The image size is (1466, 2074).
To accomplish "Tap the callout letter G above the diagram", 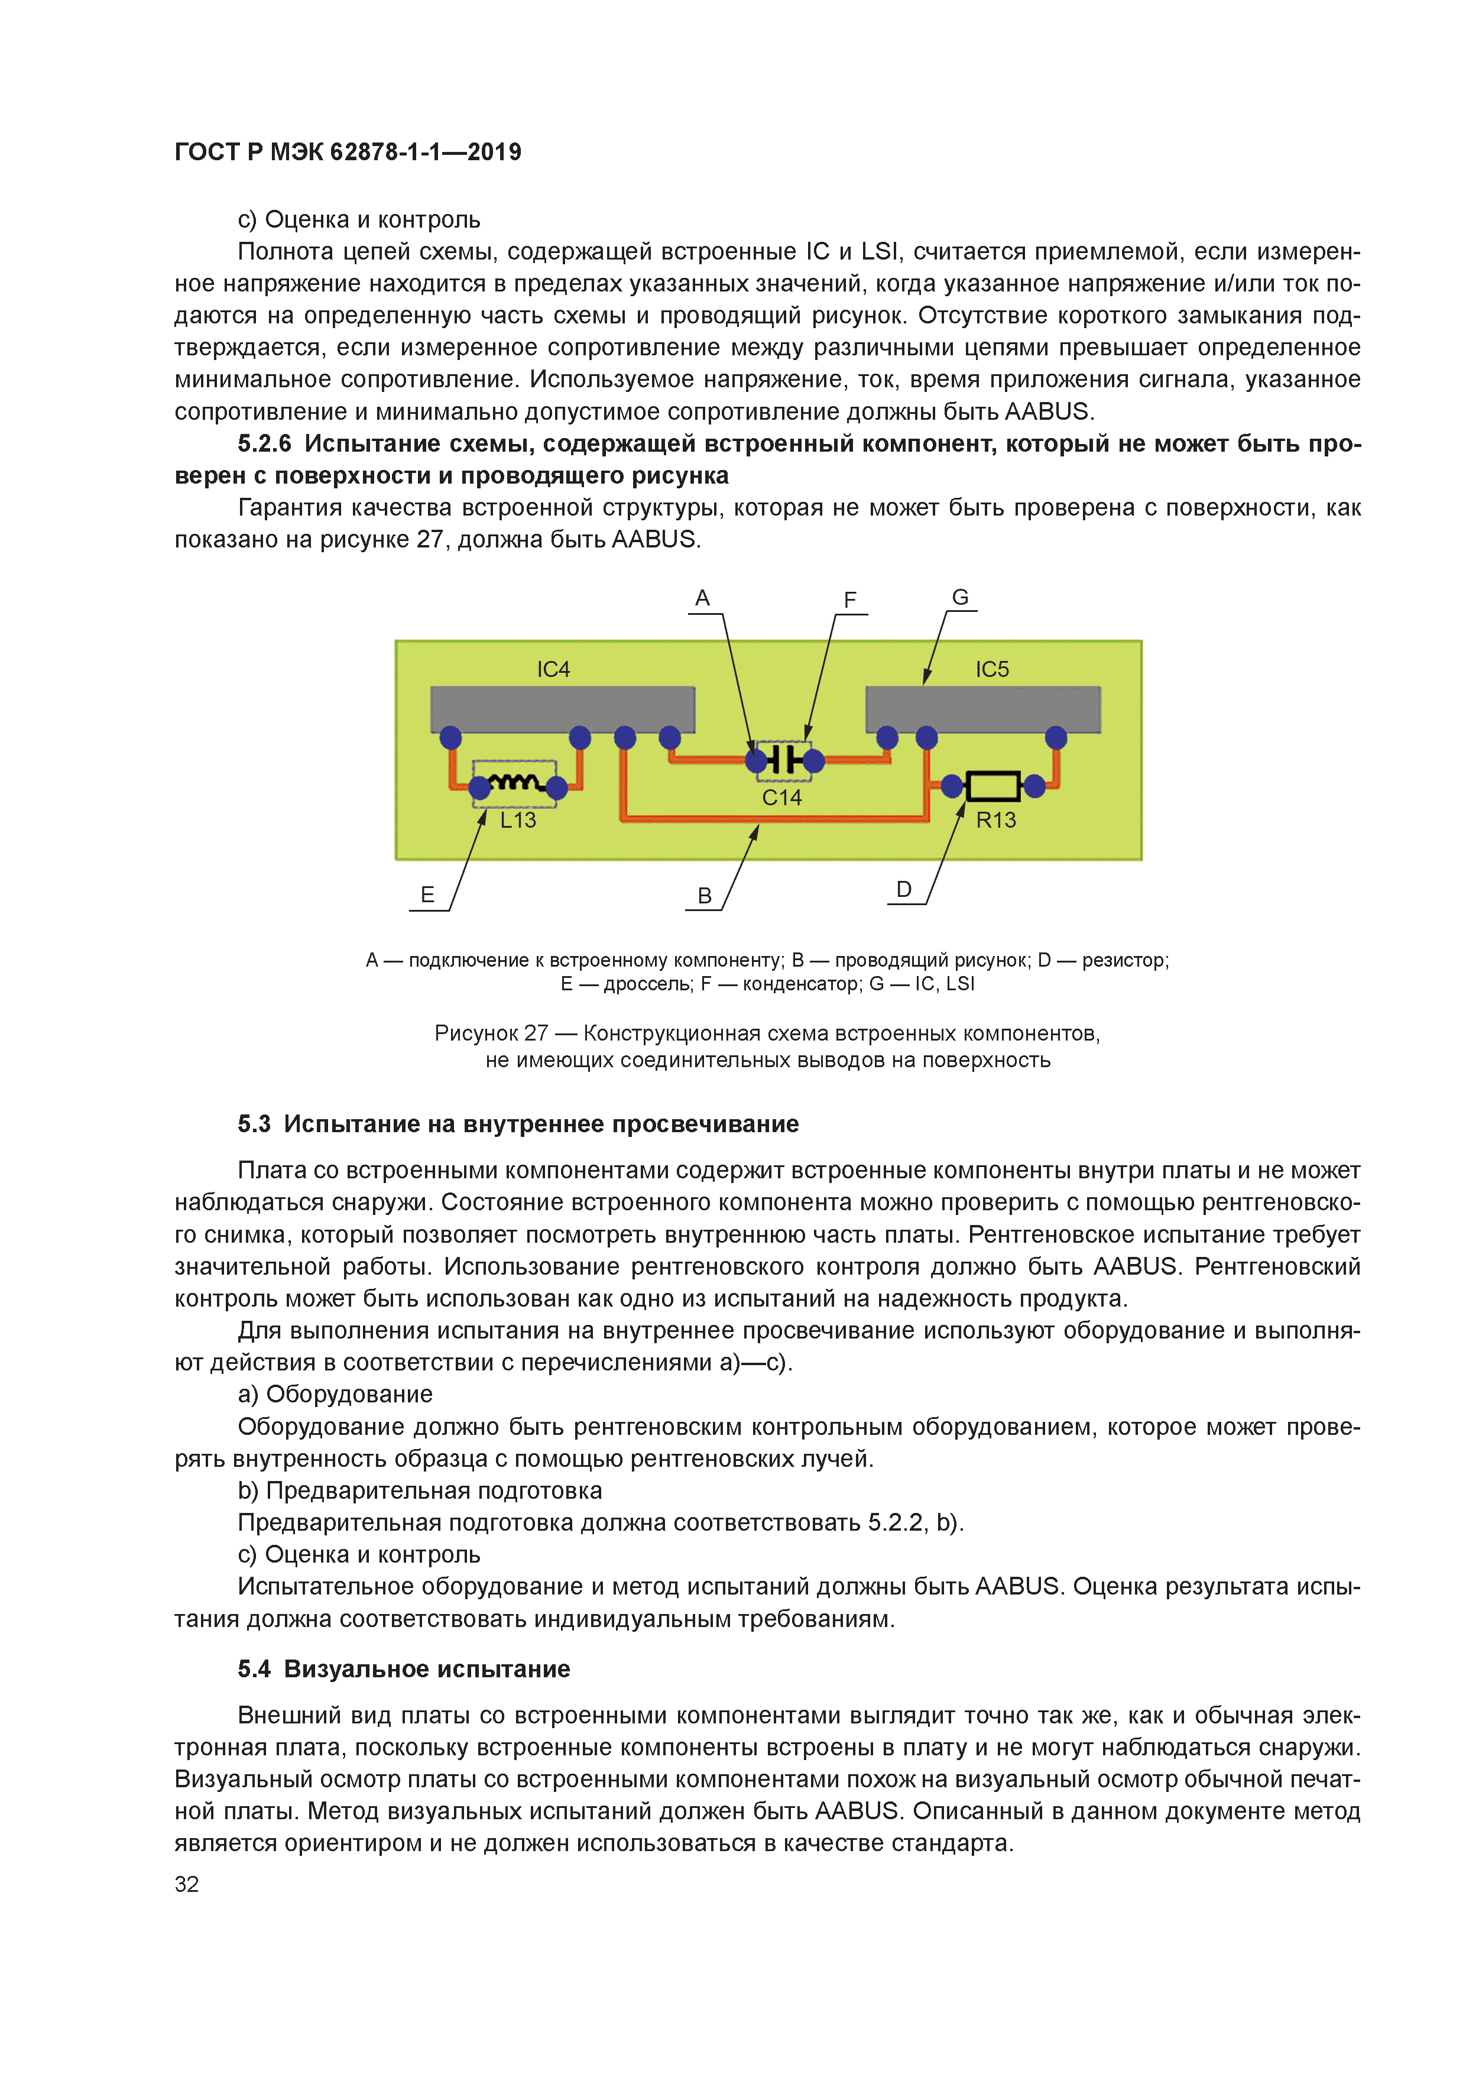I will tap(959, 597).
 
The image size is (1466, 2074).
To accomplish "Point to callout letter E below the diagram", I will tap(427, 895).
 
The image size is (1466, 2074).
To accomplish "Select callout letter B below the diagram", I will tap(705, 895).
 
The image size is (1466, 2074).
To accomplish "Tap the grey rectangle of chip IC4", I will tap(562, 709).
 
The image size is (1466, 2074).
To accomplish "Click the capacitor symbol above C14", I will tap(784, 760).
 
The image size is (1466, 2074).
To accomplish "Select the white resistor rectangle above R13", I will tap(993, 786).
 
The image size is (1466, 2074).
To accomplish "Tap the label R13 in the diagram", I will tap(995, 820).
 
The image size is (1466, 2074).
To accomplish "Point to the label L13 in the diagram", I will tap(518, 820).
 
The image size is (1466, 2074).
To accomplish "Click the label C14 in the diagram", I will tap(781, 798).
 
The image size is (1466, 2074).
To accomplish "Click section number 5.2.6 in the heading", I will tap(265, 443).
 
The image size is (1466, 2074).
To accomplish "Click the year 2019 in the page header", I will tap(494, 152).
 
